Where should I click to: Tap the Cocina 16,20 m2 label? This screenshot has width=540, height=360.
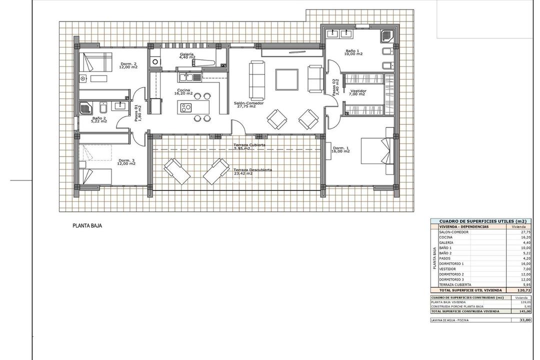(x=183, y=91)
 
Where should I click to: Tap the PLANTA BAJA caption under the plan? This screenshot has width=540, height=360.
(x=87, y=226)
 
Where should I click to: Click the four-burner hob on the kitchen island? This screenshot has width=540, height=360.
(x=186, y=107)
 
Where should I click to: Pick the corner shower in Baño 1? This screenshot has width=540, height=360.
(x=387, y=35)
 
